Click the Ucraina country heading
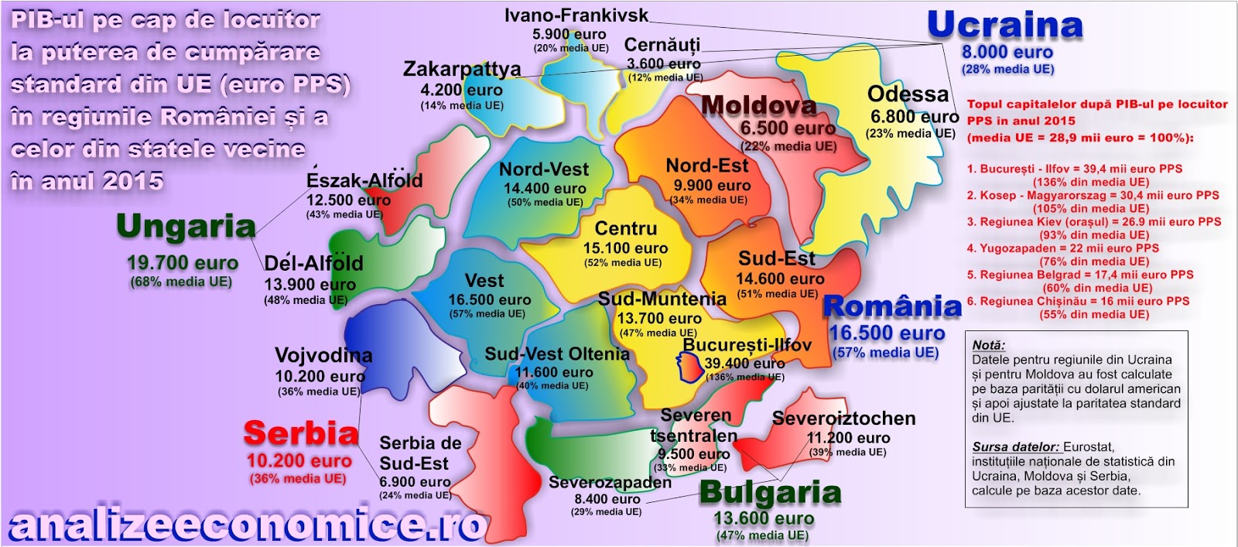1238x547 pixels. pyautogui.click(x=1004, y=26)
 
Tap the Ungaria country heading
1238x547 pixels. pyautogui.click(x=186, y=227)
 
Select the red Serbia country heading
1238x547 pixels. pyautogui.click(x=301, y=434)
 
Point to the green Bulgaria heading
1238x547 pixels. pyautogui.click(x=770, y=493)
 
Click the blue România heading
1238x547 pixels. pyautogui.click(x=891, y=307)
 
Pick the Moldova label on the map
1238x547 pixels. pyautogui.click(x=758, y=105)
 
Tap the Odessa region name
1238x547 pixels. pyautogui.click(x=908, y=94)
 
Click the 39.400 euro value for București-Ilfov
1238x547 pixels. pyautogui.click(x=744, y=363)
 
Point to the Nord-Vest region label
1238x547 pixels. pyautogui.click(x=544, y=169)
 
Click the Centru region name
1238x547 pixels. pyautogui.click(x=625, y=229)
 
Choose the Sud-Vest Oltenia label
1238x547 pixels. pyautogui.click(x=557, y=354)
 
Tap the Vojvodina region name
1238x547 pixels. pyautogui.click(x=323, y=356)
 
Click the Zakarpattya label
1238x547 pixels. pyautogui.click(x=462, y=69)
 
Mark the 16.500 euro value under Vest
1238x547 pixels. pyautogui.click(x=490, y=299)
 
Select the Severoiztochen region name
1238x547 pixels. pyautogui.click(x=843, y=419)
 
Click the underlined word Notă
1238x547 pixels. pyautogui.click(x=988, y=345)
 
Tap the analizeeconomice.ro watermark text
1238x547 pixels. pyautogui.click(x=246, y=526)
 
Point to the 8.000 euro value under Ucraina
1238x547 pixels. pyautogui.click(x=1007, y=53)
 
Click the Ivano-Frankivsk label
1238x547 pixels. pyautogui.click(x=576, y=15)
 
